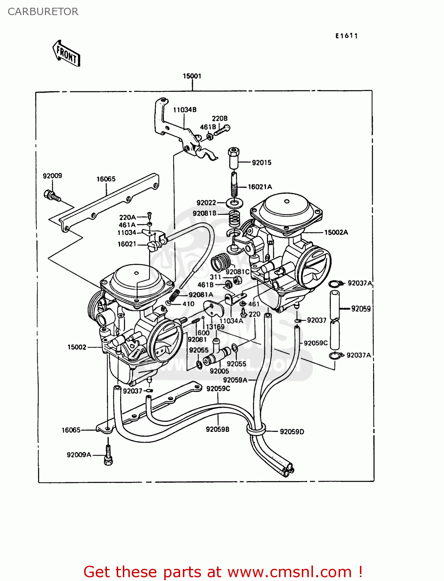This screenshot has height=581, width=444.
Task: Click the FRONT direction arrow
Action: (x=66, y=53)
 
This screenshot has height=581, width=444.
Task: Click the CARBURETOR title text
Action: (x=43, y=12)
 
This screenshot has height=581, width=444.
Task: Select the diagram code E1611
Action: (x=346, y=36)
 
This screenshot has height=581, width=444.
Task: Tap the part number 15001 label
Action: (x=192, y=76)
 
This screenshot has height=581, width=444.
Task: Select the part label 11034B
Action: (x=184, y=110)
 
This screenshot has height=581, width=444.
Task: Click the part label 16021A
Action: (x=260, y=187)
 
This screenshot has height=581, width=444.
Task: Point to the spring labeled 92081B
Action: (x=234, y=218)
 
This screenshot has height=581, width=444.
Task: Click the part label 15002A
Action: (x=336, y=232)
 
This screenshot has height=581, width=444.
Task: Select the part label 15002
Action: (x=77, y=347)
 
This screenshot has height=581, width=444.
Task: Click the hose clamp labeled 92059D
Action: (x=256, y=429)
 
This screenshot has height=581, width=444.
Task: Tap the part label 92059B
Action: (x=217, y=429)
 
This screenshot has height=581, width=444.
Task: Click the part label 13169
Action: (x=215, y=327)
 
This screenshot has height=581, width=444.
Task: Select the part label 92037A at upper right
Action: (x=360, y=283)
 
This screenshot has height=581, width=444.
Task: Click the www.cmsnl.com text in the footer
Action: (x=289, y=572)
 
